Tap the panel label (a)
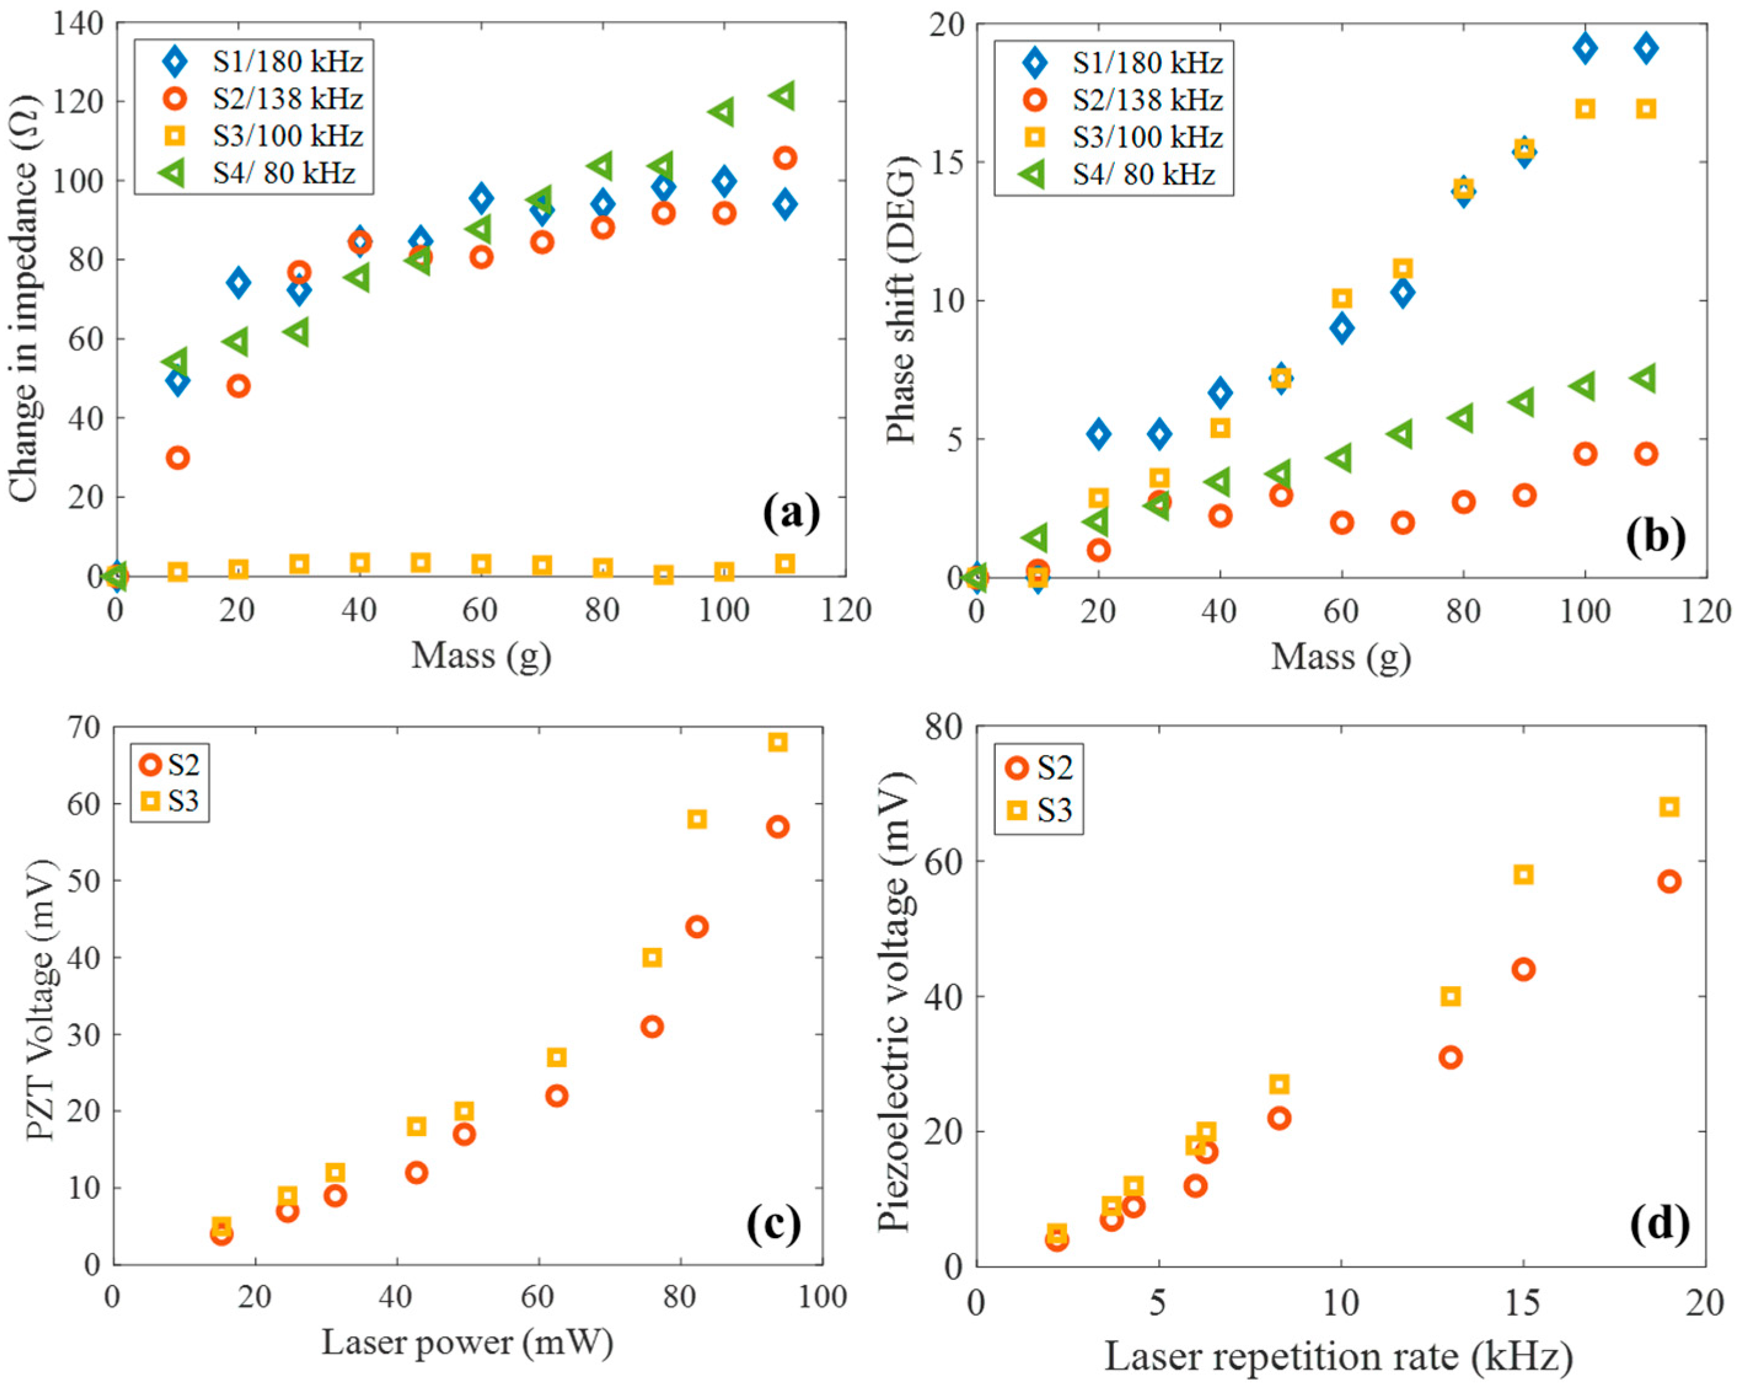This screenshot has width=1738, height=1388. coord(791,514)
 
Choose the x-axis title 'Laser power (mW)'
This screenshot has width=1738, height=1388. coord(468,1342)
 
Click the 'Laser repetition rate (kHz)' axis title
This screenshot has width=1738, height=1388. coord(1338,1357)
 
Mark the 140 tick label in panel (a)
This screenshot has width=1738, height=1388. coord(78,23)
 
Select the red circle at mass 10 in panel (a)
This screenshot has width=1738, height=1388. coord(178,458)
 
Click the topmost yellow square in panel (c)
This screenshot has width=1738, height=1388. coord(777,742)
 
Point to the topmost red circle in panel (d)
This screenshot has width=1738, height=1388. coord(1669,881)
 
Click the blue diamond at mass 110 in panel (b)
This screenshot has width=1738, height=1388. coord(1646,47)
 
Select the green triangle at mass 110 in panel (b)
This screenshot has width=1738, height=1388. coord(1645,378)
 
